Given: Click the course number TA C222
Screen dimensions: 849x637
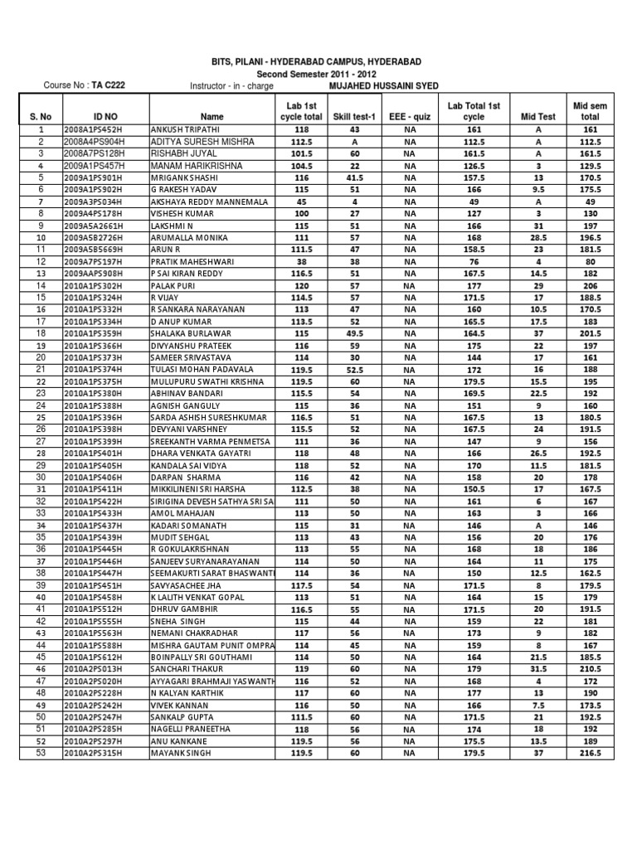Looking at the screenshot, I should click(109, 85).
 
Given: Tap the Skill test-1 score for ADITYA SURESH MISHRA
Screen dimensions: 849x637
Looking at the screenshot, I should click(354, 142).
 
